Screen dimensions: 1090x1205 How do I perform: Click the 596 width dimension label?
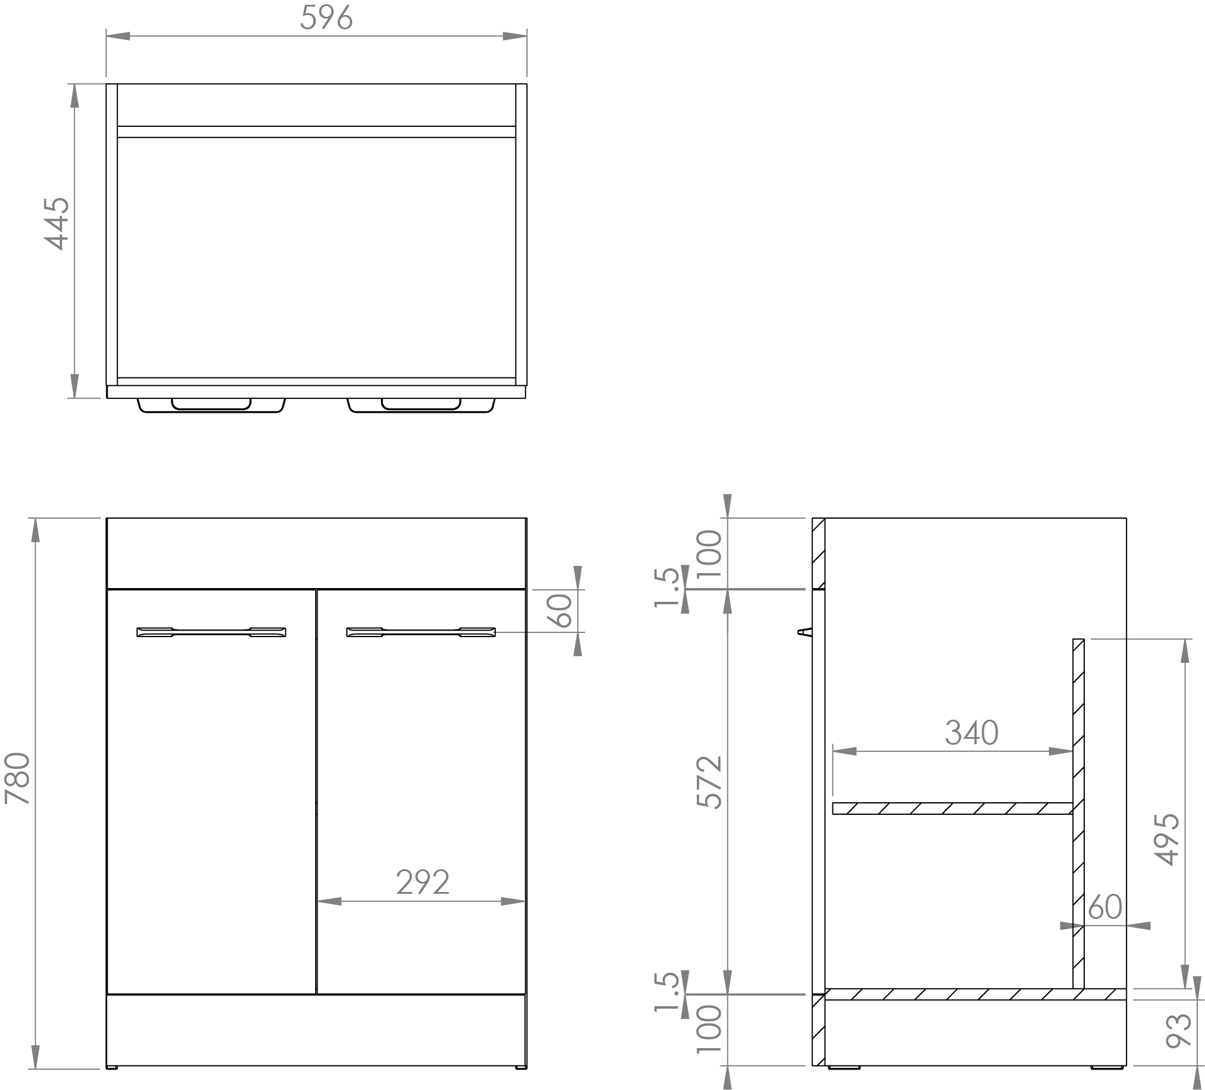click(326, 18)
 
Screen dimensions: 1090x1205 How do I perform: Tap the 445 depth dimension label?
click(57, 223)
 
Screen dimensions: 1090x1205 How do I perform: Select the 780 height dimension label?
click(18, 778)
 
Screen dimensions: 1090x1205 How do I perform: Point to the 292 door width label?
click(422, 882)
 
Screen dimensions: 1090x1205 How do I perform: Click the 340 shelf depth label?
click(971, 733)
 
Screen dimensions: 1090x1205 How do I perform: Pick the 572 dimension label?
click(710, 783)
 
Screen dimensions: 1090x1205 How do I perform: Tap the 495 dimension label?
click(1167, 839)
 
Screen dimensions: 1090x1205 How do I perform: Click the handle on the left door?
click(211, 632)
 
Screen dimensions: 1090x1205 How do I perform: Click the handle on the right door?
click(421, 632)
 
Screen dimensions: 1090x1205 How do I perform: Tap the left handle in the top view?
click(211, 405)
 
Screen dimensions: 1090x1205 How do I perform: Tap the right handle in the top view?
click(421, 405)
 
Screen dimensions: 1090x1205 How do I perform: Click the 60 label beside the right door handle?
click(563, 610)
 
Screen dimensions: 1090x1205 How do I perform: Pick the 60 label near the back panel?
click(1105, 907)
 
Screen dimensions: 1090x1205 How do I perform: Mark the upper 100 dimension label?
click(710, 553)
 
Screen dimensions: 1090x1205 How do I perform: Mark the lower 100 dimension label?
click(710, 1029)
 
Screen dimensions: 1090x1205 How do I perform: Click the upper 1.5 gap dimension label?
click(667, 588)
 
